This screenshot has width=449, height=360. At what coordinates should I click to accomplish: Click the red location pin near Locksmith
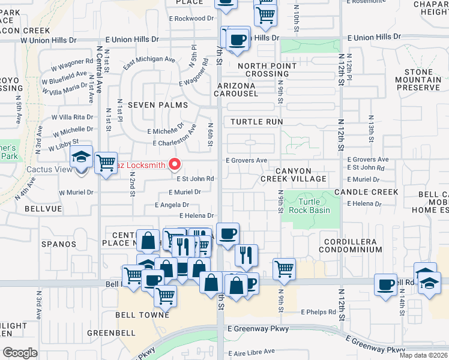pos(175,163)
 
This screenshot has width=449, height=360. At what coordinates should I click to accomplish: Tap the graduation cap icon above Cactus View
pos(81,158)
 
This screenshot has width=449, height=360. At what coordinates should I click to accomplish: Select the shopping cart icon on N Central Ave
pos(106,162)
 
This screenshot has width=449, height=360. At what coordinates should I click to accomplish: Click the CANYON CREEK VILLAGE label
pos(294,175)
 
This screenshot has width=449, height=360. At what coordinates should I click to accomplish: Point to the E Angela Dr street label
pos(172,205)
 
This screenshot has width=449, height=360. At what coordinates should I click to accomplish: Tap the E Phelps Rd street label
pos(318,312)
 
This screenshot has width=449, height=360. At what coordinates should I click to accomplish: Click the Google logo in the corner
pos(20,352)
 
